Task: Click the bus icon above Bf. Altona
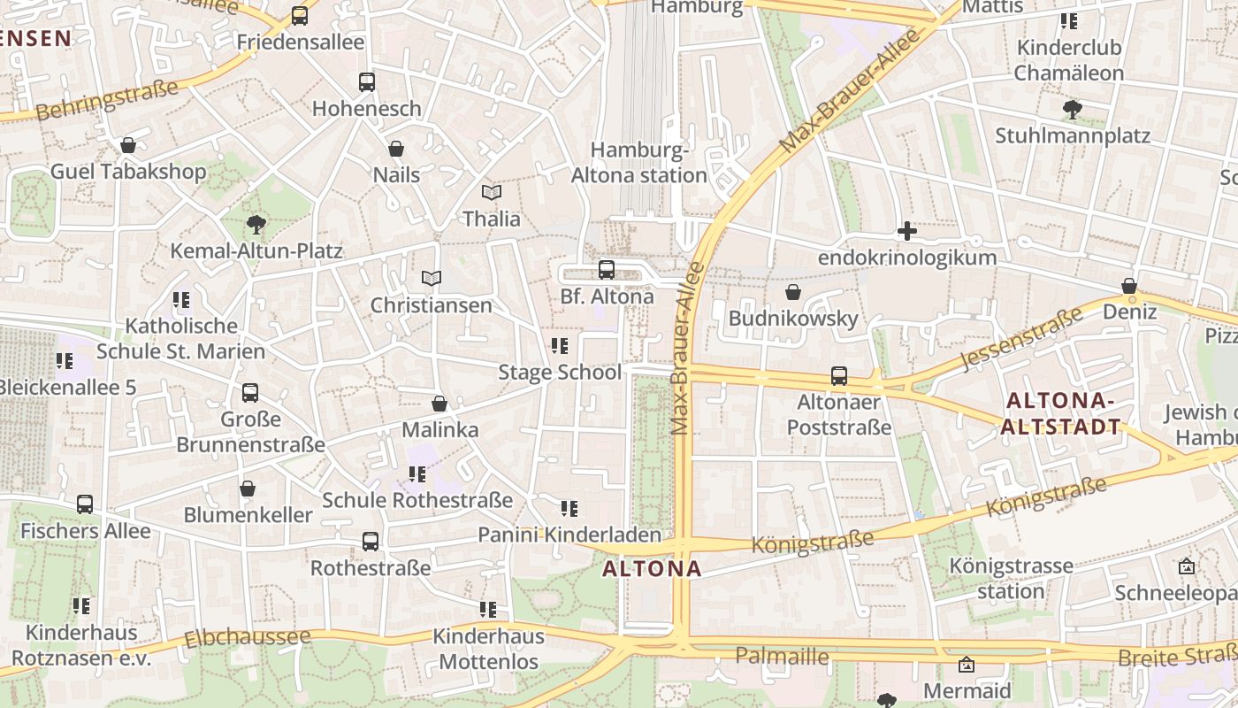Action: (607, 269)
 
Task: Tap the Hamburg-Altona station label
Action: (639, 163)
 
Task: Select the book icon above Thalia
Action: (492, 192)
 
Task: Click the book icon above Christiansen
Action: (432, 279)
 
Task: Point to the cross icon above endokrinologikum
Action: (906, 232)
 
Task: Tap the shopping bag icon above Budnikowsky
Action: (793, 292)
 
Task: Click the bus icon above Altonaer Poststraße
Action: (839, 376)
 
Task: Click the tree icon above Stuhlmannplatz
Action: (1072, 110)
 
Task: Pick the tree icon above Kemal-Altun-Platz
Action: (256, 224)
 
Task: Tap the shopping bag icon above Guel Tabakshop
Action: (128, 145)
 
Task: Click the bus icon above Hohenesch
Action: (367, 82)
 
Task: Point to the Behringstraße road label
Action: (108, 100)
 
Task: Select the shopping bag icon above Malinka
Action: (439, 404)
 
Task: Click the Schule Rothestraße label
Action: (417, 500)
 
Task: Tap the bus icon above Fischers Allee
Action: (85, 504)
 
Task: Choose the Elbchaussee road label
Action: (248, 637)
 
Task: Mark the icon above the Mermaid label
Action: (967, 665)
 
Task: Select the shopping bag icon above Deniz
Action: (1129, 286)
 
